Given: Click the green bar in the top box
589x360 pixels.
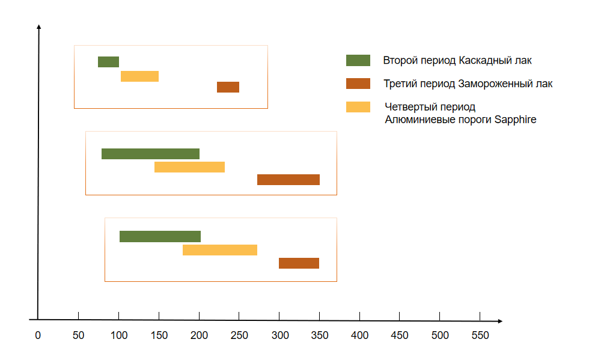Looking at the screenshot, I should coord(108,62).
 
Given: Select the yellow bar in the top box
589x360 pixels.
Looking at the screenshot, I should coord(139,76).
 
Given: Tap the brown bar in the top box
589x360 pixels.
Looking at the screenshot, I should coord(228,87).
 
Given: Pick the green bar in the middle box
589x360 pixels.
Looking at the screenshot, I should coord(150,154).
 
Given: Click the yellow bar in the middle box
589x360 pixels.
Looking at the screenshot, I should coord(189,167).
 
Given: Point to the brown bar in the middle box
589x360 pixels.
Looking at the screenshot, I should coord(288,180).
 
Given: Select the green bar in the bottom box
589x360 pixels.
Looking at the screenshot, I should coord(160,236).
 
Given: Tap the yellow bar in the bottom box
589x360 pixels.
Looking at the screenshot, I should coord(220,250).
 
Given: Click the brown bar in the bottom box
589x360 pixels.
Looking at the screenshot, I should coord(299,263).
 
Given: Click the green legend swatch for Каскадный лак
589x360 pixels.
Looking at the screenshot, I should coord(358,60).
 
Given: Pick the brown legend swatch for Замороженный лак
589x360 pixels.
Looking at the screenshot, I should coord(358,84).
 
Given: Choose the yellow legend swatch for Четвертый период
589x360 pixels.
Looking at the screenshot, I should coord(358,107).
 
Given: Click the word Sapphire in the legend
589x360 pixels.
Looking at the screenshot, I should coord(515,120).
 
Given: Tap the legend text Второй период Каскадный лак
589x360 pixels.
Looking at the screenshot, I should coord(457,60).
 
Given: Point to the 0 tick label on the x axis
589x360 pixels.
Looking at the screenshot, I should coord(38,336).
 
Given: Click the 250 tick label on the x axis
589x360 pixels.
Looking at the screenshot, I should coord(239,336).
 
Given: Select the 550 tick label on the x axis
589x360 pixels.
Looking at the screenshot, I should coord(481,336).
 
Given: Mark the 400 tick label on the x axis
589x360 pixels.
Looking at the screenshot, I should coord(360,336).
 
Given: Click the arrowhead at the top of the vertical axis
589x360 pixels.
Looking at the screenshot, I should coord(38,27).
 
